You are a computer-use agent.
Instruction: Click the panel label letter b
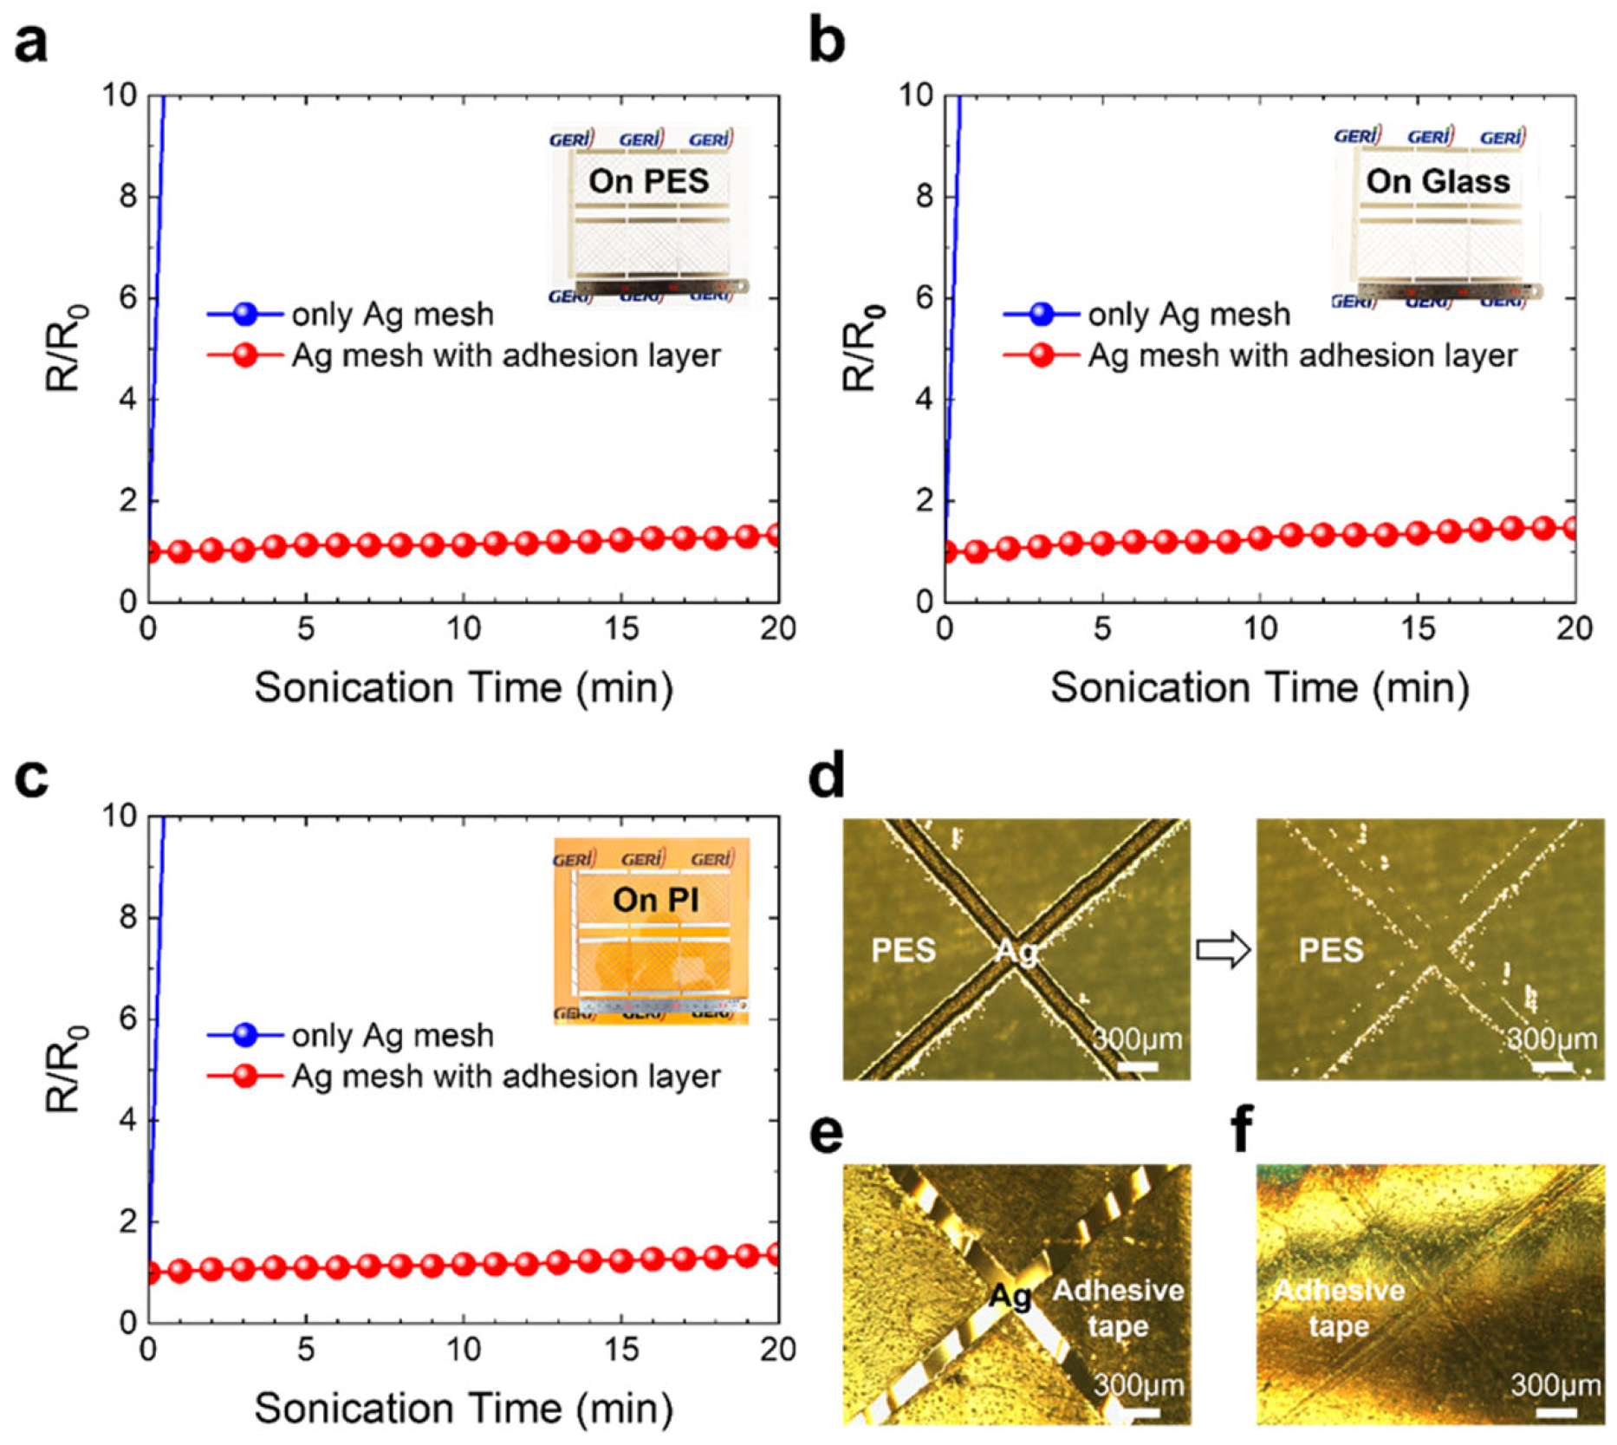pyautogui.click(x=826, y=42)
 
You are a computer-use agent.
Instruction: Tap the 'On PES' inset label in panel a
pyautogui.click(x=648, y=180)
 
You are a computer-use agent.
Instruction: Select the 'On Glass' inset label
pyautogui.click(x=1438, y=180)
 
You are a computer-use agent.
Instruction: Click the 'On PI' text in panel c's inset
pyautogui.click(x=655, y=900)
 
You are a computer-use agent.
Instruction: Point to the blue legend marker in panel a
pyautogui.click(x=245, y=314)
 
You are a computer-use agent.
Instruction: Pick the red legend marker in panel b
pyautogui.click(x=1042, y=355)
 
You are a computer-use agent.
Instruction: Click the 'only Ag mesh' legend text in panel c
pyautogui.click(x=393, y=1035)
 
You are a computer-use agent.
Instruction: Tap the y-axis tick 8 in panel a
pyautogui.click(x=128, y=197)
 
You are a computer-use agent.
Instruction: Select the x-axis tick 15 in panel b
pyautogui.click(x=1418, y=628)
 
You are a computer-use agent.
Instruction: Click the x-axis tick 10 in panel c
pyautogui.click(x=463, y=1350)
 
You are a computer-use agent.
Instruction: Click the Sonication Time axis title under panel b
pyautogui.click(x=1260, y=687)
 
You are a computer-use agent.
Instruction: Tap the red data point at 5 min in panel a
pyautogui.click(x=306, y=545)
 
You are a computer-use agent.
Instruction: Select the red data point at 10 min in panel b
pyautogui.click(x=1260, y=537)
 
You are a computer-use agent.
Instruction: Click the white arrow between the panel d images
pyautogui.click(x=1224, y=950)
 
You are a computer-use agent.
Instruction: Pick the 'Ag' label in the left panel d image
pyautogui.click(x=1016, y=951)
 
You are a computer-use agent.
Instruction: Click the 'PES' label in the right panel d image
pyautogui.click(x=1331, y=950)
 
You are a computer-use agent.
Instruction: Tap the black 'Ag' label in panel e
pyautogui.click(x=1010, y=1296)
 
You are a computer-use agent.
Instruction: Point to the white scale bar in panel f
pyautogui.click(x=1556, y=1414)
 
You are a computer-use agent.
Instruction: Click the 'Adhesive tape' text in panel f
pyautogui.click(x=1340, y=1308)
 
